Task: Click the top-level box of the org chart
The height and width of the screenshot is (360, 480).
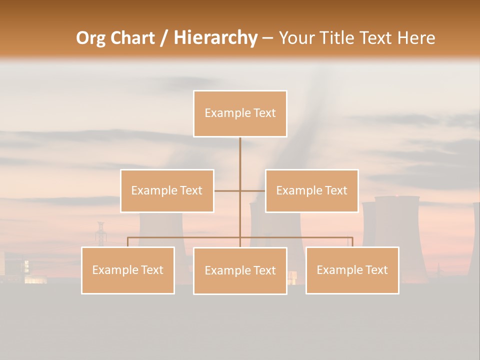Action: click(240, 113)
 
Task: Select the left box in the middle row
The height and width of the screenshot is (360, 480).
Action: click(167, 190)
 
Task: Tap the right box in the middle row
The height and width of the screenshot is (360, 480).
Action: click(311, 190)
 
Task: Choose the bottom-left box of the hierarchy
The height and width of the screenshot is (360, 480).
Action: click(128, 270)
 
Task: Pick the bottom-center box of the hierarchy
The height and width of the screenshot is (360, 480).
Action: click(240, 270)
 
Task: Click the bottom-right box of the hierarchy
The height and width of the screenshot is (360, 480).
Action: click(352, 270)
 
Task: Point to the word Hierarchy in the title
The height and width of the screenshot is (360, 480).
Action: click(215, 38)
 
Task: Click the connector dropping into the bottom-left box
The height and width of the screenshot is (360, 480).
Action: click(128, 242)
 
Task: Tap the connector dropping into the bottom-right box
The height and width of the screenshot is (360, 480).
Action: click(352, 242)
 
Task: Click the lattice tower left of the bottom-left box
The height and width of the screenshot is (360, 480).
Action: click(100, 234)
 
